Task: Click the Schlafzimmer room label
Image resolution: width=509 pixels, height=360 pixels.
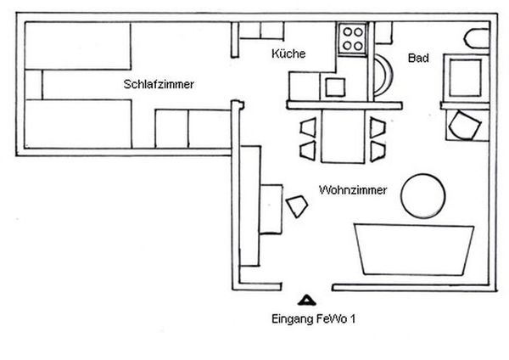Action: pos(159,84)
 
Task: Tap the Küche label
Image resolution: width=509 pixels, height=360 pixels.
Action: pos(288,53)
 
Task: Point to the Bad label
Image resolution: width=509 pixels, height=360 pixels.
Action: pos(418,58)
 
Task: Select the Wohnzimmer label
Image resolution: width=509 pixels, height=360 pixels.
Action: pos(353,190)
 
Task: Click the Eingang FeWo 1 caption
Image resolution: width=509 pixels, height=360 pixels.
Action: pos(313,318)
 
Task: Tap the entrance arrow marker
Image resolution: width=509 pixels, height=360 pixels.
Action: pos(306,301)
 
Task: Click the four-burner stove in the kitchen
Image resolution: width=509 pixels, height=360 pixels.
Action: pos(353,39)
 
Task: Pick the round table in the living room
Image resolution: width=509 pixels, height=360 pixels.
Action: pos(423,196)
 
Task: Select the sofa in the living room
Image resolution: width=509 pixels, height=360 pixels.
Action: pos(414,250)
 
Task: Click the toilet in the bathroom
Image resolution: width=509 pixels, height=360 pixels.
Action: pos(477,39)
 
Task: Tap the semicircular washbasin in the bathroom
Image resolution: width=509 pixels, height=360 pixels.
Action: pos(383,75)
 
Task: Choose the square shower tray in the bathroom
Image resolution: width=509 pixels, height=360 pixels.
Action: pos(465,78)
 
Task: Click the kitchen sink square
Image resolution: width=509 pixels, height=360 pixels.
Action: pos(335,87)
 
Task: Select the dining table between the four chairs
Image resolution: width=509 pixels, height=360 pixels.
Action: pos(343,136)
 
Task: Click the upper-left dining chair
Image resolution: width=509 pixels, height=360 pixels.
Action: pos(309,127)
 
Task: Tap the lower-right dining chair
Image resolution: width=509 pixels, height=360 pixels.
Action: pos(378,151)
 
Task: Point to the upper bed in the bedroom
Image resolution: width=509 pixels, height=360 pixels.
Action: pos(78,46)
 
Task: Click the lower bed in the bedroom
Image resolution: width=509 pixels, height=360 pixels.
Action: pos(78,124)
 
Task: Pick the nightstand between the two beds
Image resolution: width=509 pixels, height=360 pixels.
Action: pos(33,84)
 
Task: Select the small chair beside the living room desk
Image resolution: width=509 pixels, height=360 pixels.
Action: pos(297,206)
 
